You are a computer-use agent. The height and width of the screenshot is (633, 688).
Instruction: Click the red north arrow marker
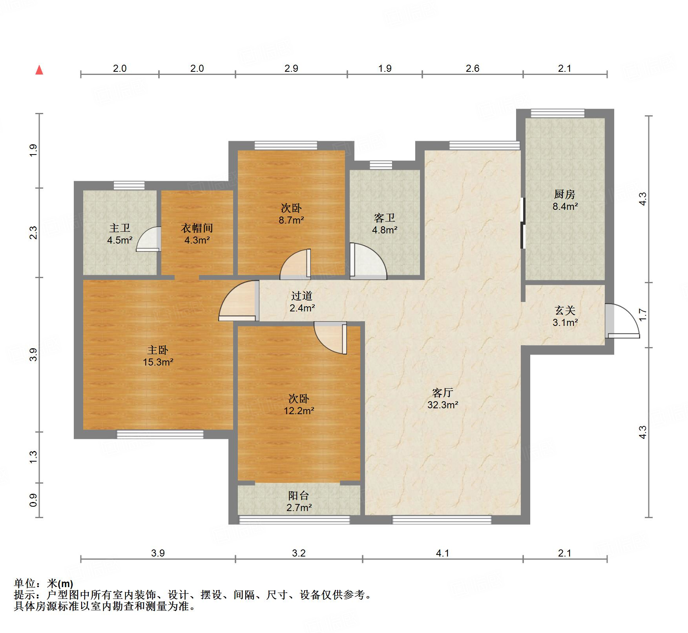(x=39, y=70)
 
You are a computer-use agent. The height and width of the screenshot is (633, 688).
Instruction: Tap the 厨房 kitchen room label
(x=564, y=194)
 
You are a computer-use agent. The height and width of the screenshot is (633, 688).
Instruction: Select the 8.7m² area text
(x=291, y=220)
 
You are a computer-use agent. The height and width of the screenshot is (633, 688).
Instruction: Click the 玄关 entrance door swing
(x=623, y=321)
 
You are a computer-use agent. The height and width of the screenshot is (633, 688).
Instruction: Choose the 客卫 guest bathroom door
(x=367, y=262)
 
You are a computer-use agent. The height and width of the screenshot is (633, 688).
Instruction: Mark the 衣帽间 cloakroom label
(x=197, y=228)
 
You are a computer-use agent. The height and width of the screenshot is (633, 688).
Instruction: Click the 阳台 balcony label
(x=299, y=496)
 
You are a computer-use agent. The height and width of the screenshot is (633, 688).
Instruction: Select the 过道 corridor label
(x=302, y=296)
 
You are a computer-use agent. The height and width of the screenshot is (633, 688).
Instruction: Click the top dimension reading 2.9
(x=291, y=69)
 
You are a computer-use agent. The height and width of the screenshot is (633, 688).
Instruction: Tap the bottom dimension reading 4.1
(x=442, y=553)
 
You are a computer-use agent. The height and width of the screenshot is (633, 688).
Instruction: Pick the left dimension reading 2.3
(x=34, y=233)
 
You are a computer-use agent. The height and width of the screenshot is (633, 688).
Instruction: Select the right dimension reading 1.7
(x=642, y=315)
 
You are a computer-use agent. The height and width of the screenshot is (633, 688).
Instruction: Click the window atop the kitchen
(x=557, y=113)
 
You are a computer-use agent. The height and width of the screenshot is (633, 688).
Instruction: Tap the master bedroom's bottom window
(x=160, y=434)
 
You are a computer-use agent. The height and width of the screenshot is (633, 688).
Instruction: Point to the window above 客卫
(x=381, y=165)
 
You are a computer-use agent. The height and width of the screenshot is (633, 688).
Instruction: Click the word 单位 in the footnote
(x=24, y=584)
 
